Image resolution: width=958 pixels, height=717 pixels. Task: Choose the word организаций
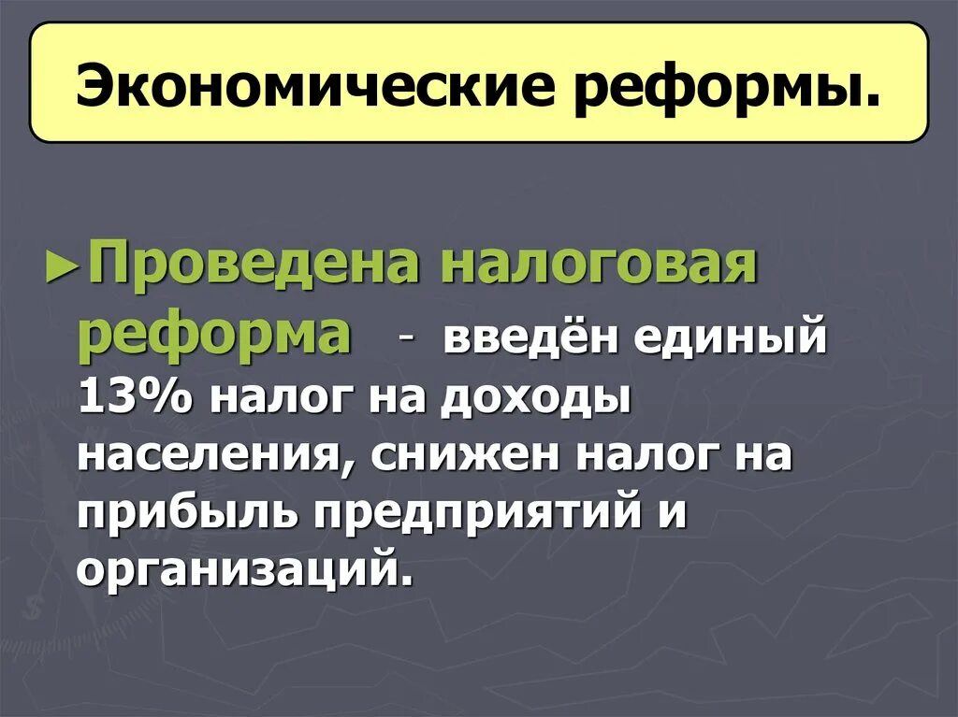244,571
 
